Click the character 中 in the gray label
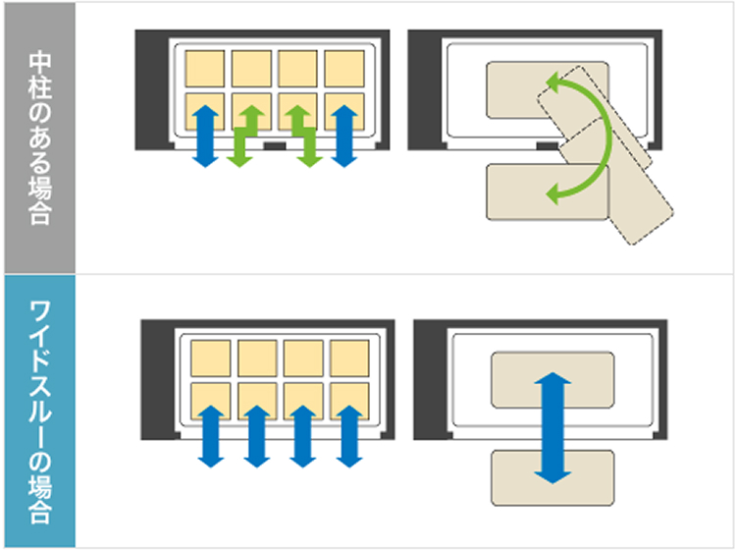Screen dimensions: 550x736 coord(38,58)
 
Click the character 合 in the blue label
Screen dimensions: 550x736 coord(38,511)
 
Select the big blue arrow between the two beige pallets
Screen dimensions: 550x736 coord(554,427)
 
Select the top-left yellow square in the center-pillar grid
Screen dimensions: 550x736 coord(205,67)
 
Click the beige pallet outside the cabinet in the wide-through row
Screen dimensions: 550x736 coord(552,478)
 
